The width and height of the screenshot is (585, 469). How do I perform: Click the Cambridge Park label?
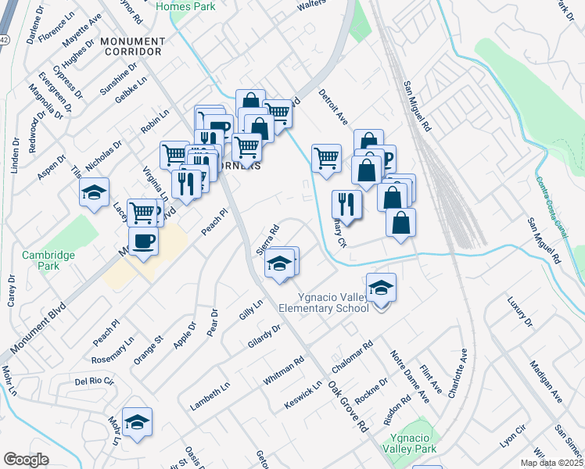(48, 260)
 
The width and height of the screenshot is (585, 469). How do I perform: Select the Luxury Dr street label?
(519, 311)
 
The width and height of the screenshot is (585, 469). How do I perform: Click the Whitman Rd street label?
(283, 371)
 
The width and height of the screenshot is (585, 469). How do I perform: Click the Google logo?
(26, 459)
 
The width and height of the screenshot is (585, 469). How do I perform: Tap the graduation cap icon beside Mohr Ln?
(137, 421)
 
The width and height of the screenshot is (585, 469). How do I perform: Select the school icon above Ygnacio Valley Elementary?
(381, 289)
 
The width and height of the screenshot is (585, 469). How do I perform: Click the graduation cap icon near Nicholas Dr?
(94, 192)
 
